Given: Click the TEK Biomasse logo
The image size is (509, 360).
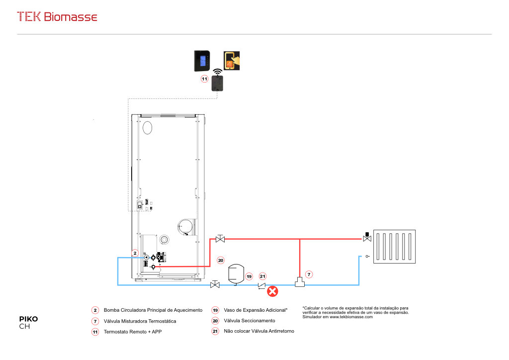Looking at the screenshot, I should click(57, 16).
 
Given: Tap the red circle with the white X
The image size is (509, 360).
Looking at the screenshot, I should click(272, 291).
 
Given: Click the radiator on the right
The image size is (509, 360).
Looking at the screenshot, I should click(394, 246).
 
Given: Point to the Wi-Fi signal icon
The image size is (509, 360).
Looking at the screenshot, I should click(217, 71).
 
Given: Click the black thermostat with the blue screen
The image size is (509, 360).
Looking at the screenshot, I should click(202, 61).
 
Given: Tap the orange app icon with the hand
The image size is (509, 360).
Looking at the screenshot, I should click(233, 61).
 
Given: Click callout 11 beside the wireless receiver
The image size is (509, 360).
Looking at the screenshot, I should click(204, 79).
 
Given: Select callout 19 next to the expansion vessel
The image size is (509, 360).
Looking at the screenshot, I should click(249, 276).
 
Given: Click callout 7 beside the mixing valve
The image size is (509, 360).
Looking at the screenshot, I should click(309, 274).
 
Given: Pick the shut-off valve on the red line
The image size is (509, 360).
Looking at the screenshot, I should click(220, 239).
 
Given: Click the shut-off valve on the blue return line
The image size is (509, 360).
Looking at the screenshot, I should click(215, 284).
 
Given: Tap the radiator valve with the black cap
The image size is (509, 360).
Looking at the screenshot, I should click(367, 238).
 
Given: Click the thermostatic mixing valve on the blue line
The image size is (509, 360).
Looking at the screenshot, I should click(299, 282).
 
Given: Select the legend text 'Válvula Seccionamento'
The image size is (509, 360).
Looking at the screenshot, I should click(250, 321).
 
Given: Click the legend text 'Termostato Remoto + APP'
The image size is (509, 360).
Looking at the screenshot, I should click(132, 332).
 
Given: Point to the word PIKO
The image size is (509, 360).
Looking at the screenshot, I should click(28, 319).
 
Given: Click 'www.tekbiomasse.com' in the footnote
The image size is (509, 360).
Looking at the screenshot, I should click(351, 317).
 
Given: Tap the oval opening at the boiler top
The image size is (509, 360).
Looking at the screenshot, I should click(148, 128).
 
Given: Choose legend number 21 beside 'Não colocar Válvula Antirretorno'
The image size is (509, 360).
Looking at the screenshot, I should click(215, 331).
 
